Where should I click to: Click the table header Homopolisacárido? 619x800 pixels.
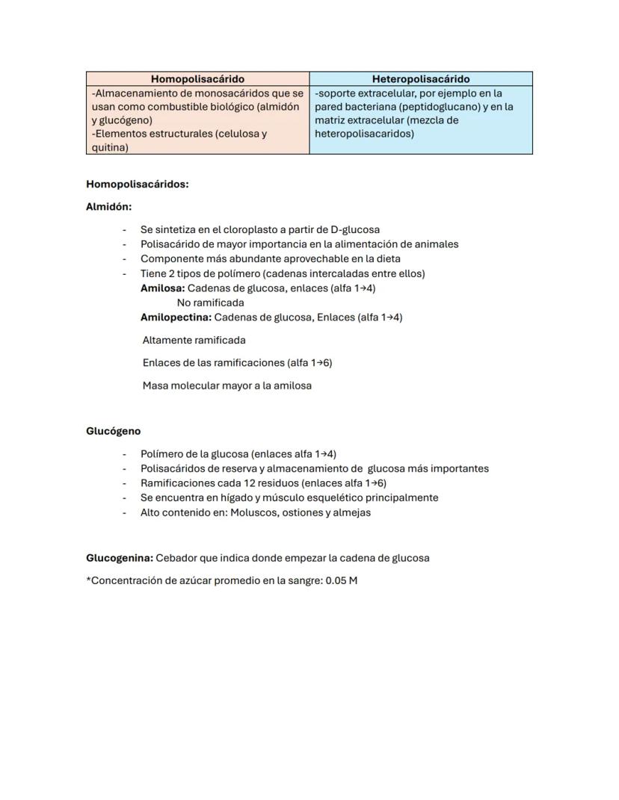[197, 78]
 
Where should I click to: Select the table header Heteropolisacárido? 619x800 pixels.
[421, 78]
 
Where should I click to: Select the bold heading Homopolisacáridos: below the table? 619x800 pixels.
[137, 184]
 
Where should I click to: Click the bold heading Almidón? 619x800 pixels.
[108, 207]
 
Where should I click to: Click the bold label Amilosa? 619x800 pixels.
[162, 288]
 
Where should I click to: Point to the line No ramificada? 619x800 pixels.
[210, 303]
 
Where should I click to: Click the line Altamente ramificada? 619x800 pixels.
[194, 340]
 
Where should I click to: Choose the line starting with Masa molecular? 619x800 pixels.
[227, 385]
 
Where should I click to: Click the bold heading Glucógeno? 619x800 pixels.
[113, 431]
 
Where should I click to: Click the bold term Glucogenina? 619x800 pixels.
[120, 558]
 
